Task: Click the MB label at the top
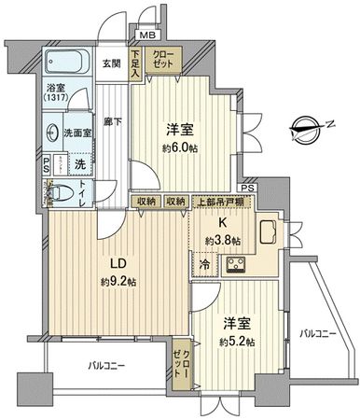(146, 36)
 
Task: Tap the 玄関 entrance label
(112, 63)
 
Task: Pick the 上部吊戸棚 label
(217, 201)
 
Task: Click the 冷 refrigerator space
(204, 265)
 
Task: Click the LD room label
(108, 262)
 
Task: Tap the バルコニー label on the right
(318, 332)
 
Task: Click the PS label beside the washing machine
(48, 163)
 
